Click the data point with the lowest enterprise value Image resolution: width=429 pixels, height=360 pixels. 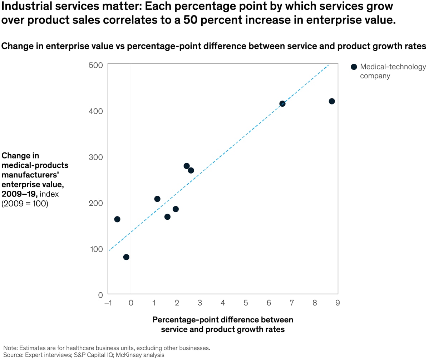pos(126,257)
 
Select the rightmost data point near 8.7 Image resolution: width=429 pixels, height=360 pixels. pos(332,101)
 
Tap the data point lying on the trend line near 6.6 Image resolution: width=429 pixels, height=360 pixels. pos(282,104)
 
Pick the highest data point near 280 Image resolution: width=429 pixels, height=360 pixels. pos(187,166)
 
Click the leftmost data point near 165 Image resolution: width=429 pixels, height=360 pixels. pos(117,219)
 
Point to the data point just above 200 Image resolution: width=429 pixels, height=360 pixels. pos(157,199)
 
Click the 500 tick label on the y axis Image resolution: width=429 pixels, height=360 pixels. pos(95,65)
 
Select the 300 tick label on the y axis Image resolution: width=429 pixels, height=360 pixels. pos(95,157)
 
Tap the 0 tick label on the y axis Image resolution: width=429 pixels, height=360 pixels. pos(100,295)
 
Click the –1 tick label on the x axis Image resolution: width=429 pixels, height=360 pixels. pos(108,303)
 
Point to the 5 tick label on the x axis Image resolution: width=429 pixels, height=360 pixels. pos(246,303)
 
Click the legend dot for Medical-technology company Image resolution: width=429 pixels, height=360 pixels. pos(354,67)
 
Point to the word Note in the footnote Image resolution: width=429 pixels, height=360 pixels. pos(10,347)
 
